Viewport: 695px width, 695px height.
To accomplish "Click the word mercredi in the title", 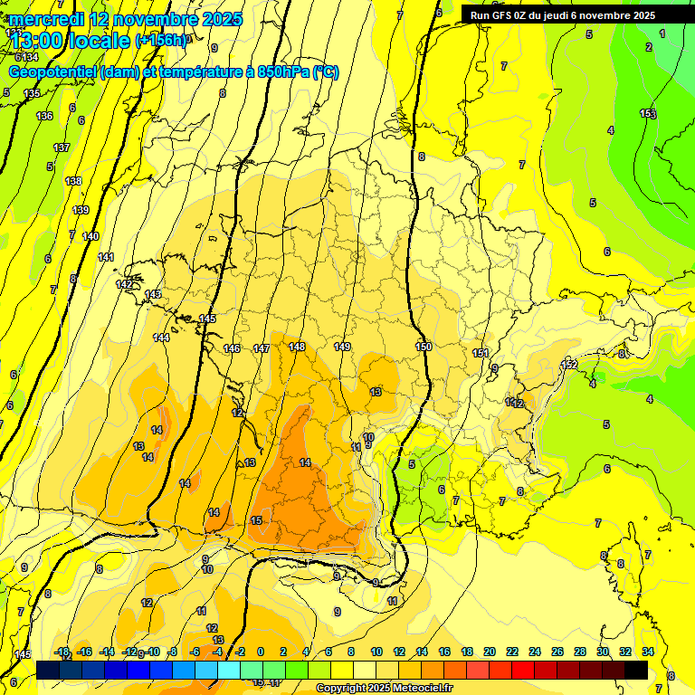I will coord(47,19).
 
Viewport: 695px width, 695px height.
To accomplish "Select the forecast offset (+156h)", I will coord(162,41).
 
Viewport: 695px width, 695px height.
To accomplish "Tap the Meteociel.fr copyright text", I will coord(385,689).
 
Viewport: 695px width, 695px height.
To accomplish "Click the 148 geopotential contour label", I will coord(297,347).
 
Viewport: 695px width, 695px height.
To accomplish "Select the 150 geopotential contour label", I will coord(424,347).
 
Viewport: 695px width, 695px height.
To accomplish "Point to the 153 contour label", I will coord(648,113).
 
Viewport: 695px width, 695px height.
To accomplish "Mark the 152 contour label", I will coord(569,365).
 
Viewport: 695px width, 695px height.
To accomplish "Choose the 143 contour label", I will coord(153,294).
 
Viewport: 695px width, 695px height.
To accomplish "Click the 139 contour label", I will coord(81,210).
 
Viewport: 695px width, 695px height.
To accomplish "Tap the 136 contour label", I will coord(44,116).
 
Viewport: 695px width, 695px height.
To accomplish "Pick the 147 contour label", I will coord(262,348).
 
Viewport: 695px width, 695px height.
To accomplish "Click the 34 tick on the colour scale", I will coord(648,652).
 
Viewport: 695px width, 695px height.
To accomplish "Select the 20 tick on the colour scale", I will coord(490,652).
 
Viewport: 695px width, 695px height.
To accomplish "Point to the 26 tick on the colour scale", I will coord(557,652).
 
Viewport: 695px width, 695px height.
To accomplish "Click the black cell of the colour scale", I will coord(636,670).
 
